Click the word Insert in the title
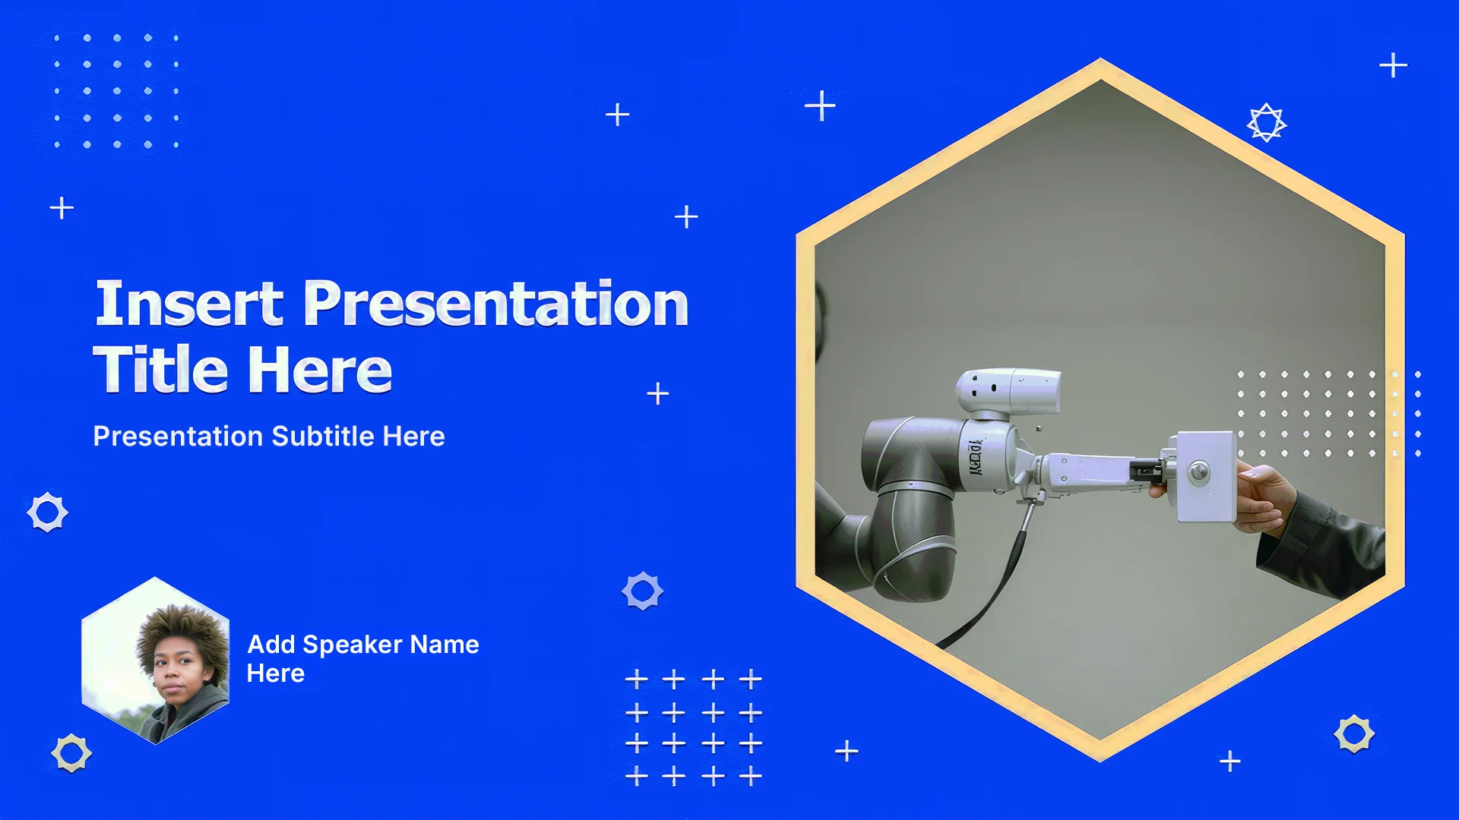coord(189,303)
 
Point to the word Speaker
coord(353,645)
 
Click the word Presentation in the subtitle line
coord(179,436)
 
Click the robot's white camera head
coord(1008,393)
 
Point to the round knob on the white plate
coord(1199,471)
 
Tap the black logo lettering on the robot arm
coord(975,456)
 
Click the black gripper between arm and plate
coord(1146,471)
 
